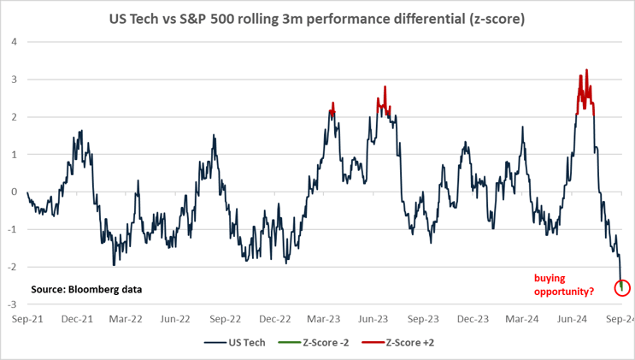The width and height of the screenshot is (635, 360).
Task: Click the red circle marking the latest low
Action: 622,287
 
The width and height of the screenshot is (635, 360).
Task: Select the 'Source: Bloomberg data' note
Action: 86,289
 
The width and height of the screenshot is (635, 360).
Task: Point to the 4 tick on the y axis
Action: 15,42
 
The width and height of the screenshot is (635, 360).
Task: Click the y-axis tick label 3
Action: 15,80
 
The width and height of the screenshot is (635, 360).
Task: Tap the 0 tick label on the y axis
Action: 15,192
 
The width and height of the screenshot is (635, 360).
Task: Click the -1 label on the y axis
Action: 13,229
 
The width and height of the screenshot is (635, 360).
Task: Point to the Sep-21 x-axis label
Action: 27,318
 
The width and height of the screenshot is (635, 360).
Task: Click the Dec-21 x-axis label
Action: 77,318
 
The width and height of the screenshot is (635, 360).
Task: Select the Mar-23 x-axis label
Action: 324,318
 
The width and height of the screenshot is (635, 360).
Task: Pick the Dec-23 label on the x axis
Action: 472,318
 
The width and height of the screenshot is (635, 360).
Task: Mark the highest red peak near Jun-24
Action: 586,70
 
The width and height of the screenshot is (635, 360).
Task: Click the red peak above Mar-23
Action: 332,103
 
